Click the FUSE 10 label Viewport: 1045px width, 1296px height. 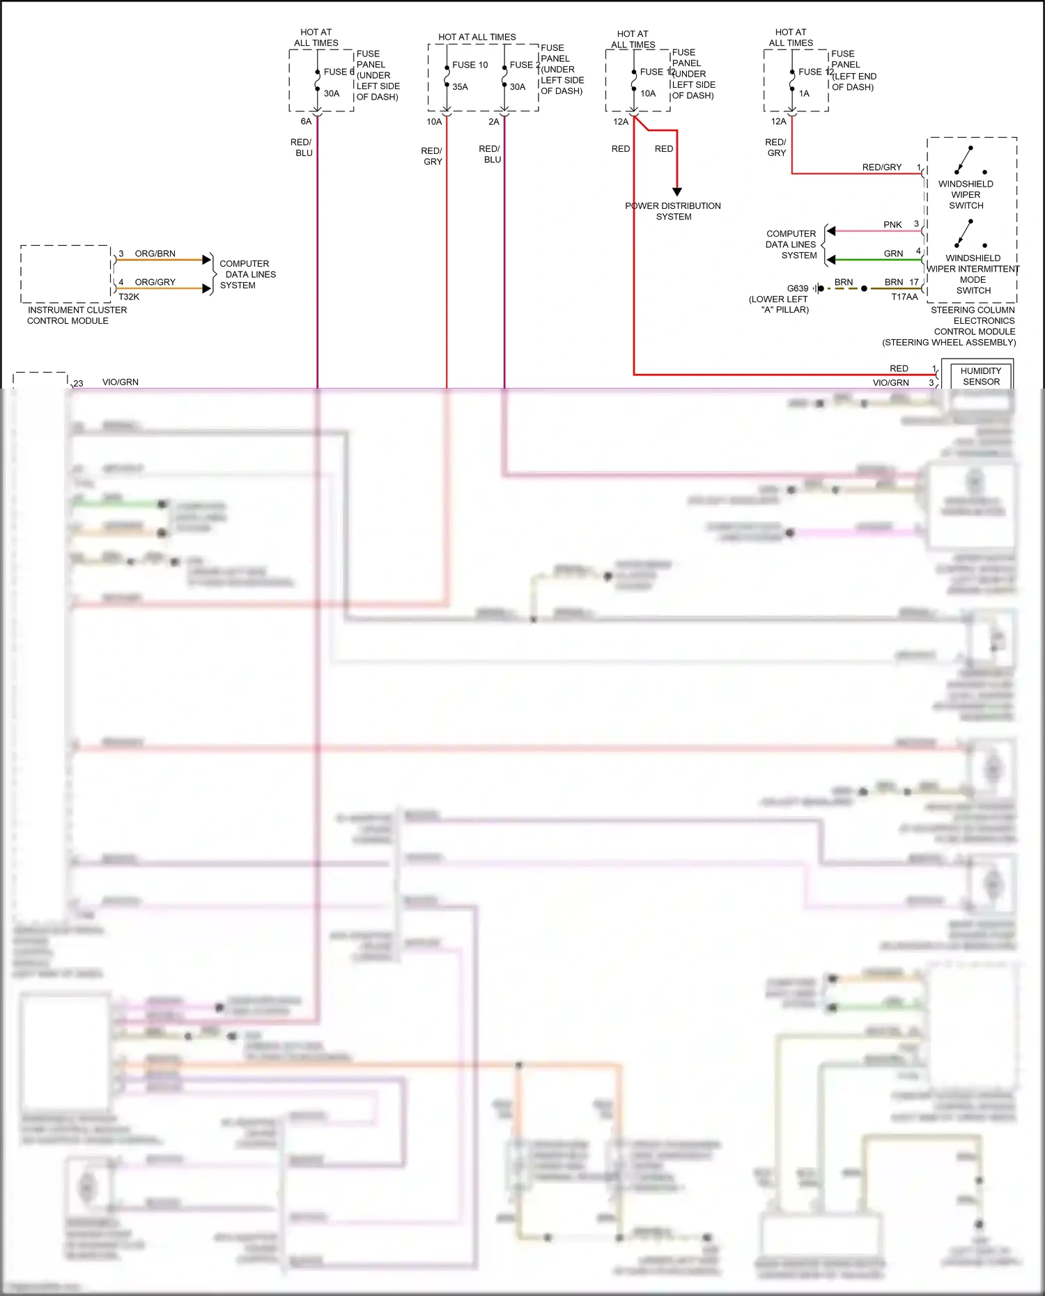[x=470, y=65]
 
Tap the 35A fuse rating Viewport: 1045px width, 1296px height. [x=460, y=87]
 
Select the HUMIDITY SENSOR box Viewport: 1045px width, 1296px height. [x=980, y=376]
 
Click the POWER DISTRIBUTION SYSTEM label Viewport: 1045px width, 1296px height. [x=673, y=211]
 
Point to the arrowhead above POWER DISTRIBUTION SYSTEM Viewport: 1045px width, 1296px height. [x=676, y=192]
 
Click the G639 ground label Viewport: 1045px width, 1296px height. [x=798, y=288]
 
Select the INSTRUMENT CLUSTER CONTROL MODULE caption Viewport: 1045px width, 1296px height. [x=77, y=315]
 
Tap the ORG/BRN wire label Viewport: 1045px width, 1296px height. [x=155, y=253]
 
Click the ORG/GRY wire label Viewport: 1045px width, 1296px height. [x=155, y=282]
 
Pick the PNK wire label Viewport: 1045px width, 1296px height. [x=892, y=224]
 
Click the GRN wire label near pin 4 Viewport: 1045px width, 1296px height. [x=893, y=253]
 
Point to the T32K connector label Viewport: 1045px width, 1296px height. [x=129, y=297]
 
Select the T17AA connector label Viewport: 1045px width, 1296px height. [x=904, y=297]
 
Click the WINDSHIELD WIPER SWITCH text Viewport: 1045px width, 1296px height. [x=966, y=194]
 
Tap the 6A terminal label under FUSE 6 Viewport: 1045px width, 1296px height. [x=306, y=121]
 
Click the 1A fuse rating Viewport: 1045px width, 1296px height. [x=804, y=93]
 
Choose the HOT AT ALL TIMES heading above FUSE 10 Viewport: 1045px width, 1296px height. [x=477, y=37]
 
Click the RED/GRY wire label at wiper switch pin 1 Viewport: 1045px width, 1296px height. [x=881, y=167]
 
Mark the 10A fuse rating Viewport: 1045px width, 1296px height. [x=648, y=93]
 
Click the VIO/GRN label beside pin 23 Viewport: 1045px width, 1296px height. [x=121, y=382]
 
